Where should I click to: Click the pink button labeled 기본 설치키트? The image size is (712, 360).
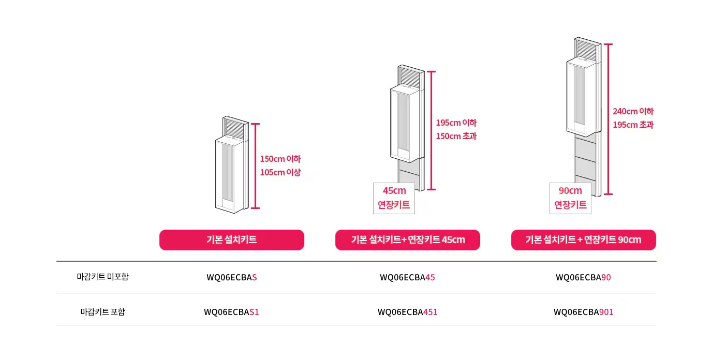point(232,240)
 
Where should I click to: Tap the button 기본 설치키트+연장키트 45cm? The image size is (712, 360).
point(408,240)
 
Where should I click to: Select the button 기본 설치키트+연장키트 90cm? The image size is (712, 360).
point(584,240)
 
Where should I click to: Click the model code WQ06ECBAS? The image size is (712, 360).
point(232,277)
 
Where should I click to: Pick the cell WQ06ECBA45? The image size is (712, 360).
point(408,277)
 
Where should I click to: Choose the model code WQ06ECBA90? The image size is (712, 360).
point(583,277)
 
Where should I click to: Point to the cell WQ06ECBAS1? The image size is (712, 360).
point(231,312)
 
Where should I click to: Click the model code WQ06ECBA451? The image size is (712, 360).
point(408,312)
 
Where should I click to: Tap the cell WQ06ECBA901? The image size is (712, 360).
point(584,312)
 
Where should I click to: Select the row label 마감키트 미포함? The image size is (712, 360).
point(102,277)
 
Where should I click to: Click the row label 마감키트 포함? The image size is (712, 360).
point(102,312)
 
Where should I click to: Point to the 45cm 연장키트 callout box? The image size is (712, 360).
point(394,198)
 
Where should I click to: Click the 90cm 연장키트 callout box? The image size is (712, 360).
point(571,198)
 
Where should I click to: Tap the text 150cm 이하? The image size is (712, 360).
point(280,159)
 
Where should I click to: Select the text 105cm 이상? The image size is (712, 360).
point(280,172)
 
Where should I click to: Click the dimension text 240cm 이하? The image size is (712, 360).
point(633,111)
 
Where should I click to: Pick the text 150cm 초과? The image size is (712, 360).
point(456,136)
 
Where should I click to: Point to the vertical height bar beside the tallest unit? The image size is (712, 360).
point(608,119)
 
